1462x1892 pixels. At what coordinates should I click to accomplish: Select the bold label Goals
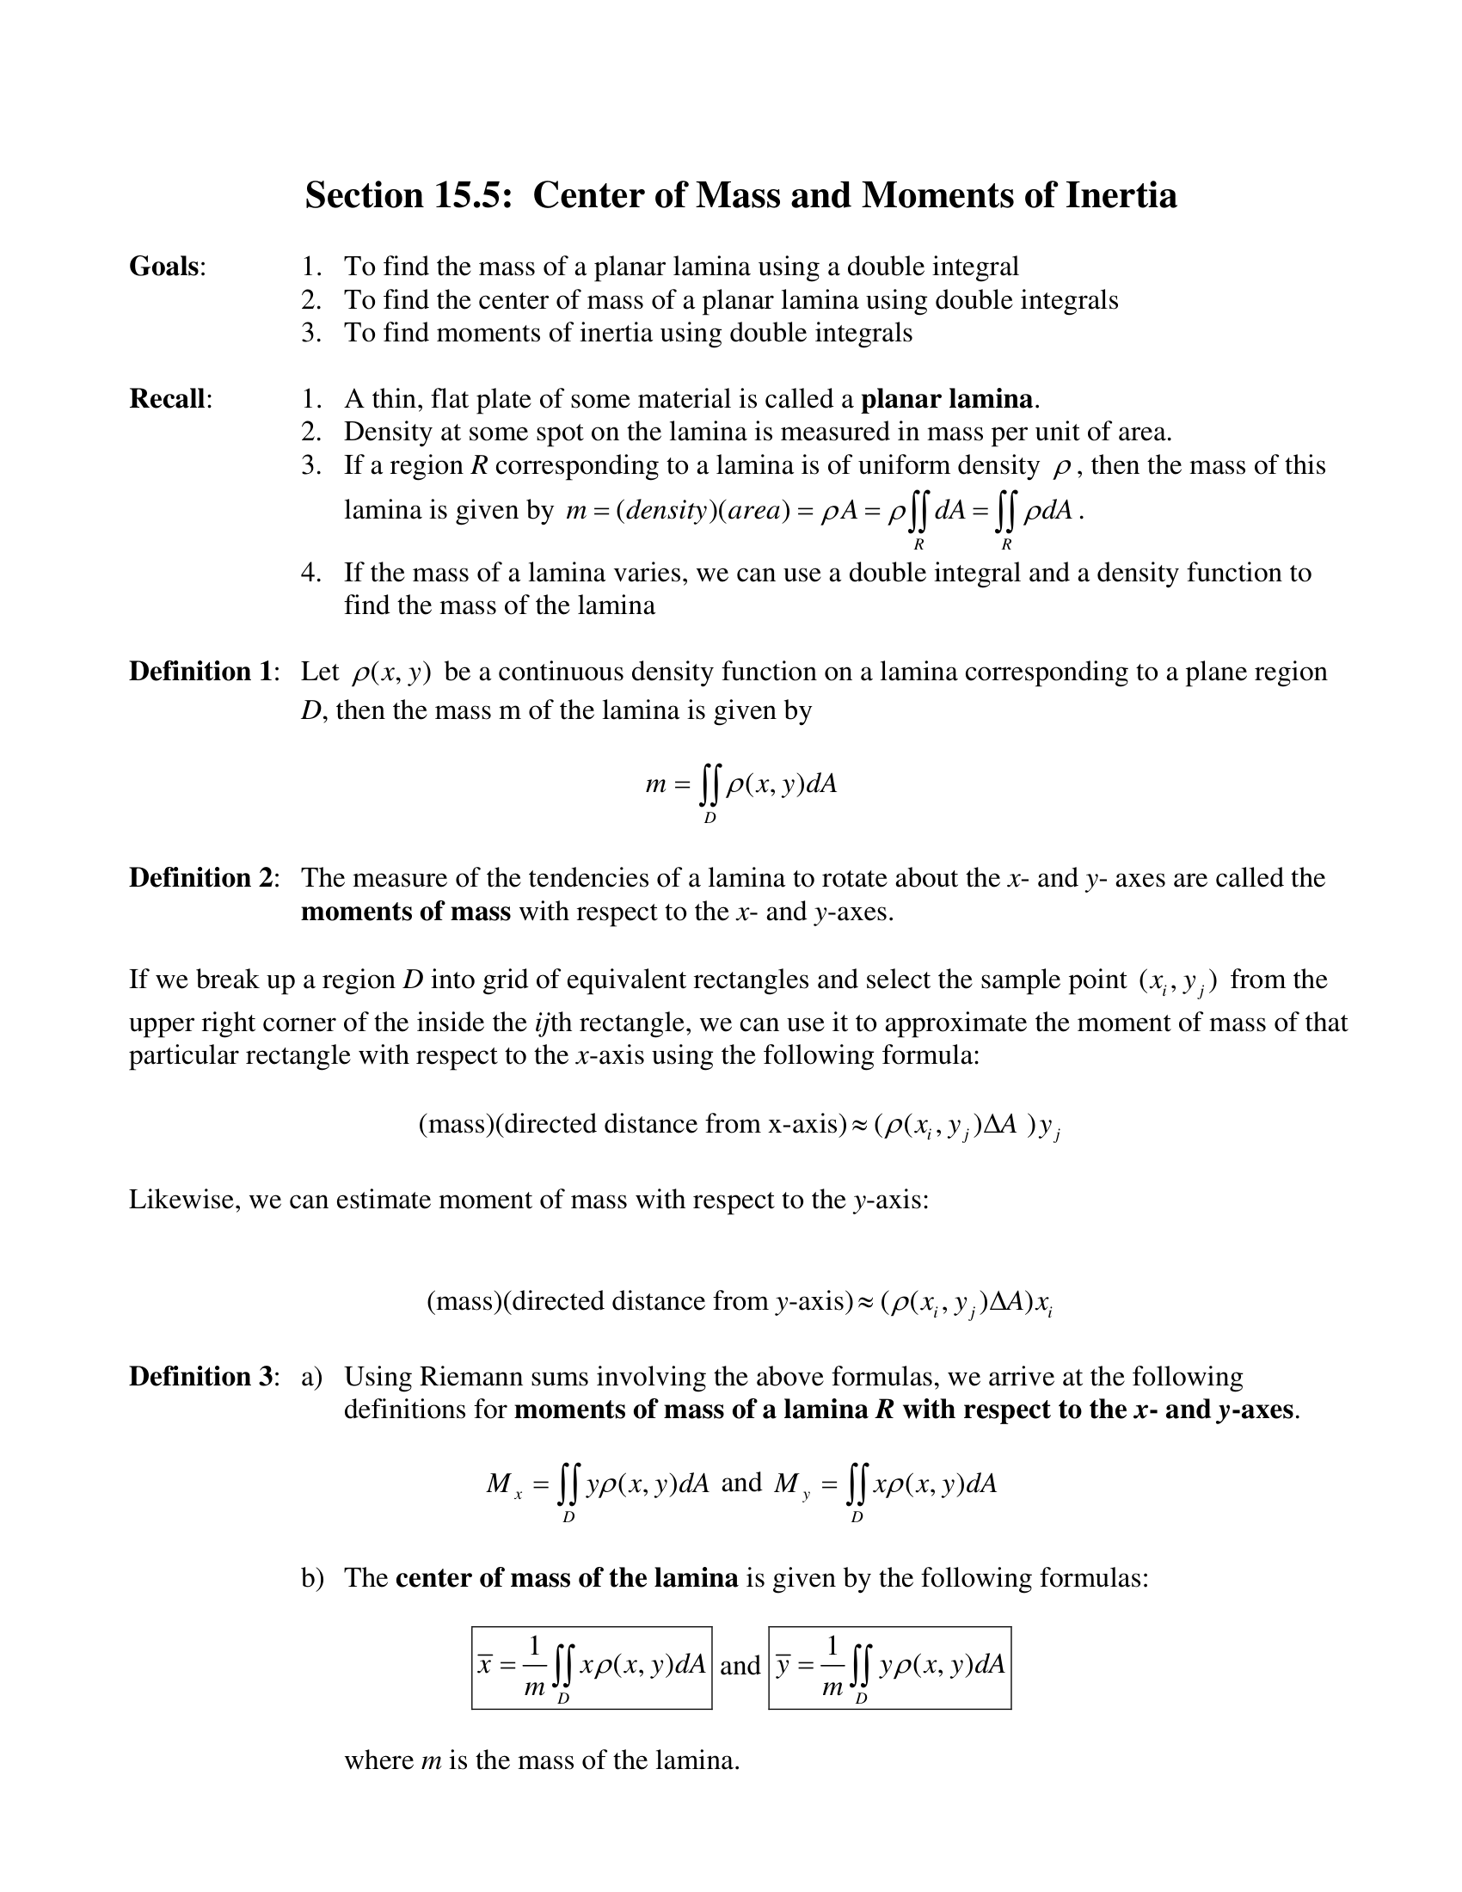164,267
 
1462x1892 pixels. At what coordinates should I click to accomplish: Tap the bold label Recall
168,399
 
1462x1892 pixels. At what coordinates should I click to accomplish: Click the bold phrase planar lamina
947,399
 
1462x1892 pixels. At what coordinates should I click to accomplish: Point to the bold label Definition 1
202,672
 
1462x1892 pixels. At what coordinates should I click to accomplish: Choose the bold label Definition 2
202,878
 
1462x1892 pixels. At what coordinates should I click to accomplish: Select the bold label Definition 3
202,1377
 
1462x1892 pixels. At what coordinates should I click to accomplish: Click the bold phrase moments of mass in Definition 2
405,912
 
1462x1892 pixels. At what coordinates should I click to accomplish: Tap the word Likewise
184,1200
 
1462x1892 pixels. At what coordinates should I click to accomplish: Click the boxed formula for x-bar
592,1668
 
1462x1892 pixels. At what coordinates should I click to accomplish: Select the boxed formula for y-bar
889,1668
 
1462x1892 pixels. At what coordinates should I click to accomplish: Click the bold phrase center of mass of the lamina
567,1577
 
